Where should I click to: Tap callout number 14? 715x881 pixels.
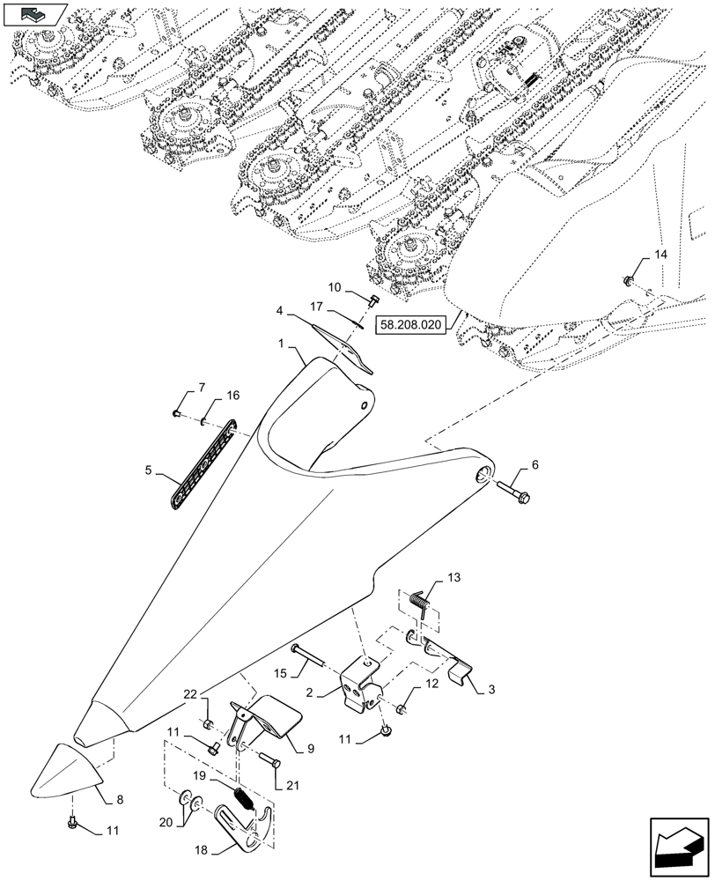[x=660, y=255]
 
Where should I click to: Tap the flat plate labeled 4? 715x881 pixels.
[x=343, y=348]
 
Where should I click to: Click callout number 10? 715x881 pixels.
[x=335, y=287]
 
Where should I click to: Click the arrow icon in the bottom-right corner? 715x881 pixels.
[x=678, y=845]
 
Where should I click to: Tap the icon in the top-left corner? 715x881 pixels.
[x=34, y=12]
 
